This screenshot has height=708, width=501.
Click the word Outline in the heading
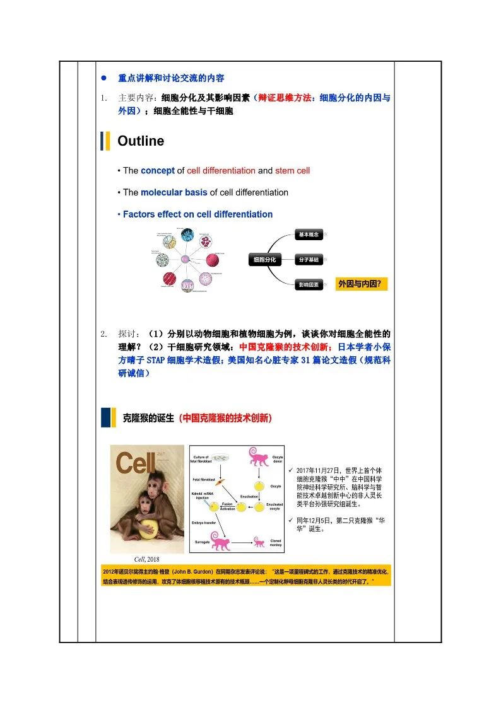pyautogui.click(x=141, y=141)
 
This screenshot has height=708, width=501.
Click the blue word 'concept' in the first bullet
pyautogui.click(x=157, y=171)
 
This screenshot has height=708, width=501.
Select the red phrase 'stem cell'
pyautogui.click(x=292, y=171)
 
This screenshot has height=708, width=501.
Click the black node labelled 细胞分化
pyautogui.click(x=264, y=259)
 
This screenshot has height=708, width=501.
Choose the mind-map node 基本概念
pyautogui.click(x=309, y=235)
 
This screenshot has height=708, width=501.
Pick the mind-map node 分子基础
pyautogui.click(x=309, y=259)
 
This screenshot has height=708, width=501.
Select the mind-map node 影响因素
pyautogui.click(x=309, y=285)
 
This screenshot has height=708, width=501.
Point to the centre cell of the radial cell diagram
pyautogui.click(x=186, y=258)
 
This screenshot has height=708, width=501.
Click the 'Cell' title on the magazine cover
pyautogui.click(x=135, y=464)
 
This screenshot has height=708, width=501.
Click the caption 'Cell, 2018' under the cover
pyautogui.click(x=148, y=559)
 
